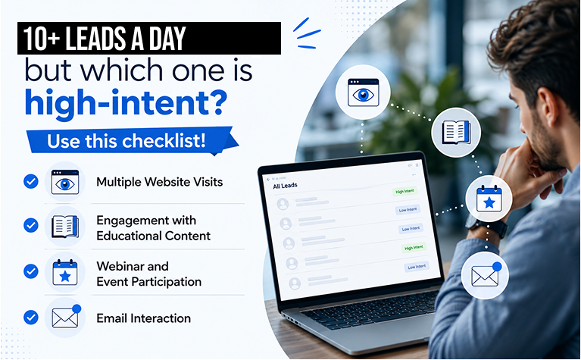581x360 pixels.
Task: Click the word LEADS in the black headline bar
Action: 95,38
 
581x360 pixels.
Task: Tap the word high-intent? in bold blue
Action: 126,102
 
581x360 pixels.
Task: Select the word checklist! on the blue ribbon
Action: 164,140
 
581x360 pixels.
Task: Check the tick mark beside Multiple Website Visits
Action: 31,182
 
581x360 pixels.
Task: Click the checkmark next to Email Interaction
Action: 31,318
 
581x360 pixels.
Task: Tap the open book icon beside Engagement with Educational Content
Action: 65,227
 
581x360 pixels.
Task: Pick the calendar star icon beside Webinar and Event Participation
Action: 65,273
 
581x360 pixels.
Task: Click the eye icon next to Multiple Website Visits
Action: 65,182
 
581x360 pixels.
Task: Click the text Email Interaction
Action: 143,318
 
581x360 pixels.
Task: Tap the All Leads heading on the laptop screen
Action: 285,186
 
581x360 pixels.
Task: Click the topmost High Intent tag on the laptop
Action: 405,191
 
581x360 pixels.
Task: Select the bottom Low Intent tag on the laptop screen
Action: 417,267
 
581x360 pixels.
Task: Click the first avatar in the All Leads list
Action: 283,204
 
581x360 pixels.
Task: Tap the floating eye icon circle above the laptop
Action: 363,92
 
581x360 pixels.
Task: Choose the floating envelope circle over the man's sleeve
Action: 485,275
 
